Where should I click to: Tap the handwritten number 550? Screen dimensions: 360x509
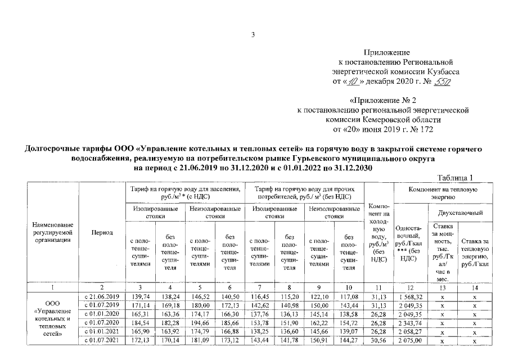coord(444,82)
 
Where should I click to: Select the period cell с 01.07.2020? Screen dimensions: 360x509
coord(102,323)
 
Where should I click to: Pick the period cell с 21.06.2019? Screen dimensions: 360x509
coord(102,296)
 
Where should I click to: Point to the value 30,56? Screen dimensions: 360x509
coord(377,341)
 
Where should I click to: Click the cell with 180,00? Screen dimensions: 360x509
coord(200,305)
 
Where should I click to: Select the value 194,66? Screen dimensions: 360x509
coord(200,323)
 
